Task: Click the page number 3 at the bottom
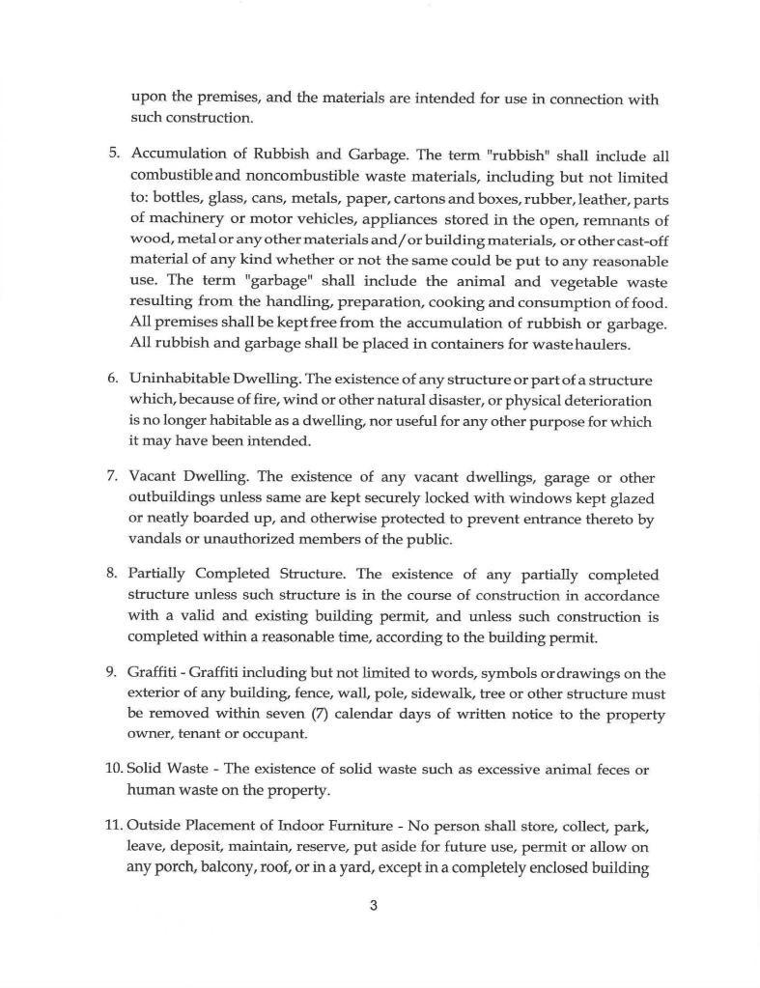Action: [x=373, y=906]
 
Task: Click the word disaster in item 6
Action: [x=423, y=399]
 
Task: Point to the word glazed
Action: [x=632, y=497]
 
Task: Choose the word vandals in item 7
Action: [x=154, y=539]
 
